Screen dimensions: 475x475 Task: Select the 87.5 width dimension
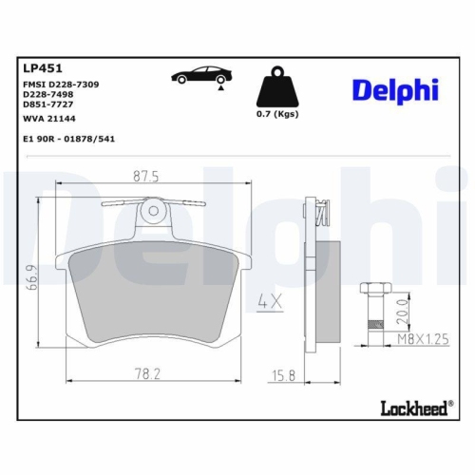pyautogui.click(x=145, y=175)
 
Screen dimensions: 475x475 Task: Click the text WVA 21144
pyautogui.click(x=50, y=119)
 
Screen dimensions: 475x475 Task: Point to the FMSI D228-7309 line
pyautogui.click(x=60, y=84)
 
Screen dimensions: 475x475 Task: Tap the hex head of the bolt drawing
pyautogui.click(x=370, y=289)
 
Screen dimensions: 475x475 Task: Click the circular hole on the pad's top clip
pyautogui.click(x=151, y=211)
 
